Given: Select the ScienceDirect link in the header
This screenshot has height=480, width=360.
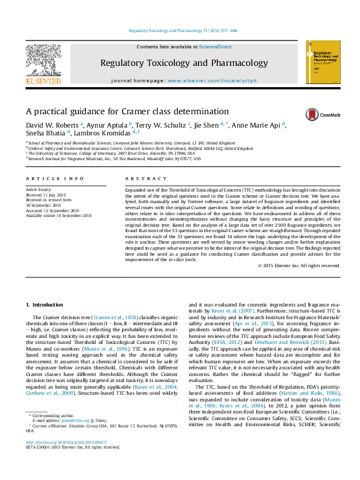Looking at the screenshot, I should pyautogui.click(x=216, y=47).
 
